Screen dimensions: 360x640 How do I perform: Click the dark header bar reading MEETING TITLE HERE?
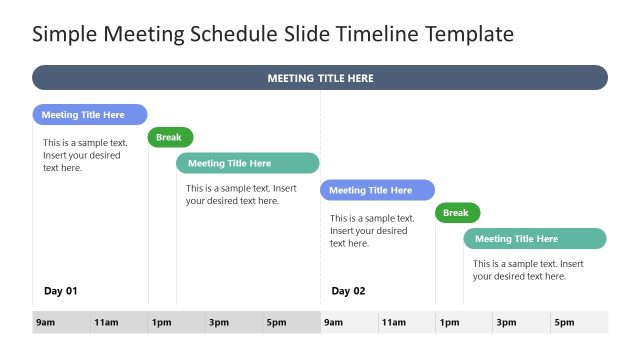320,78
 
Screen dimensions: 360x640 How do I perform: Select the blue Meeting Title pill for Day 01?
89,115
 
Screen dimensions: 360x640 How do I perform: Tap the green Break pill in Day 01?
170,138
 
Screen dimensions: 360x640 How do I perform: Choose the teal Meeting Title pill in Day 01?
247,163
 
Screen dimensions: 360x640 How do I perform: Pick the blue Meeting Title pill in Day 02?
377,190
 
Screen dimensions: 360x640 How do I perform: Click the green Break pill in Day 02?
457,213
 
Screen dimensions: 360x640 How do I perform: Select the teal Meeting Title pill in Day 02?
534,239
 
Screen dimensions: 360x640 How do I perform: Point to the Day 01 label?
61,291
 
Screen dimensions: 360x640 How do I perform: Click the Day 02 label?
349,291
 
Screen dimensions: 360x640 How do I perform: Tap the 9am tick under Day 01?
45,323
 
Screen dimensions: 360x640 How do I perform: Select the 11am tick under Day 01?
106,323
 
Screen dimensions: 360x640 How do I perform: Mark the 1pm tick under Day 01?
162,323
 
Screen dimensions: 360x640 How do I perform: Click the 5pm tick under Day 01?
276,323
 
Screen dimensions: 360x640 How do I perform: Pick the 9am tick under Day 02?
333,323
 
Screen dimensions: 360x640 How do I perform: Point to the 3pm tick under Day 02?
506,323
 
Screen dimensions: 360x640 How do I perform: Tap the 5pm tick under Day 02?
564,323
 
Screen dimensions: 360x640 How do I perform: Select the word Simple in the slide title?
63,35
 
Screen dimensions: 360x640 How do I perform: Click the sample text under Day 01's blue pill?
85,155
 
